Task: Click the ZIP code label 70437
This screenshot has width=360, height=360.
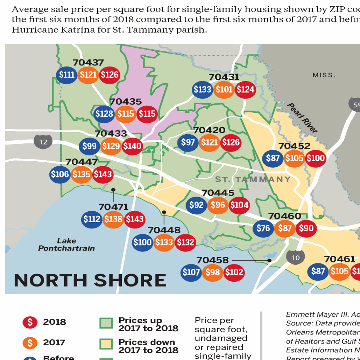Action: (88, 63)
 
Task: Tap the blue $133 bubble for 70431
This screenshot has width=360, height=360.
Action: (203, 90)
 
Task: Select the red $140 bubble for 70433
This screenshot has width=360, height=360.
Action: (132, 146)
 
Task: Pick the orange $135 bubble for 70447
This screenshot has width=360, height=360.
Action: (82, 174)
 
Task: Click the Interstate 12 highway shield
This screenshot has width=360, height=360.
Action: (43, 142)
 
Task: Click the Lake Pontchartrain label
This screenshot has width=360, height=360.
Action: (66, 245)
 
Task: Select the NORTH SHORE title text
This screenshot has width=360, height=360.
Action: (90, 280)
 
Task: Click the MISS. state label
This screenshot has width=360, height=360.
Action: (324, 75)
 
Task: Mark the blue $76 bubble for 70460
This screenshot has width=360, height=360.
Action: (263, 228)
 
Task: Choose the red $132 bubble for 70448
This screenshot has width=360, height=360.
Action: (185, 242)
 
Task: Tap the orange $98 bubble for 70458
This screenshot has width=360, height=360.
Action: (213, 272)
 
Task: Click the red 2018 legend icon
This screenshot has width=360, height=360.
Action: (30, 322)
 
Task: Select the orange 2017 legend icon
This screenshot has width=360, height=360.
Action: (30, 343)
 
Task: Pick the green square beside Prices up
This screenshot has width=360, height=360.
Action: (106, 323)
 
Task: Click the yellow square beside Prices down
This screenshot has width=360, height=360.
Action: (106, 344)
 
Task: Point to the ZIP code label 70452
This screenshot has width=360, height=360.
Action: (294, 146)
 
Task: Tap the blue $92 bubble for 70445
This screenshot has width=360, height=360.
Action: (197, 205)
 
